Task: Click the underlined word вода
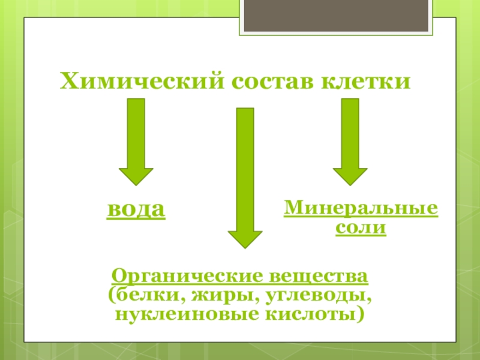coord(136,211)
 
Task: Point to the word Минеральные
coord(361,209)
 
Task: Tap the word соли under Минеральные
coord(361,228)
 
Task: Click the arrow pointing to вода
coord(136,141)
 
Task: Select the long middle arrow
coord(245,174)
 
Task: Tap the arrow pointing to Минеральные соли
coord(350,141)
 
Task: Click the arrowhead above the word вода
coord(136,175)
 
